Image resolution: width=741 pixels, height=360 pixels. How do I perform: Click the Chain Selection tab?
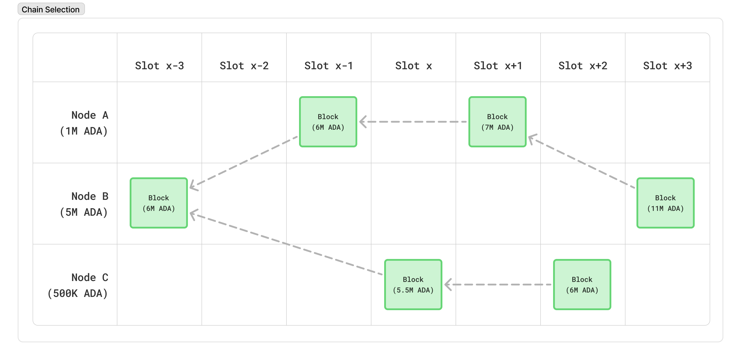pyautogui.click(x=51, y=9)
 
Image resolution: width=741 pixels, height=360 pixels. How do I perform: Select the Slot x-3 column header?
pyautogui.click(x=159, y=66)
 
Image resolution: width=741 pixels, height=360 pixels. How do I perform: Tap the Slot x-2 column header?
pyautogui.click(x=244, y=66)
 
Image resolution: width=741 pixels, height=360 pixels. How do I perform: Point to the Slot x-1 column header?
pyautogui.click(x=329, y=66)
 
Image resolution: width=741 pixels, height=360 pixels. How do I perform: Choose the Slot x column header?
pyautogui.click(x=413, y=66)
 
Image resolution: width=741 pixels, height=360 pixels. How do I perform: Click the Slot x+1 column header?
pyautogui.click(x=498, y=66)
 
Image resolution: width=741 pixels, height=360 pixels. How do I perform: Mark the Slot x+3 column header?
pyautogui.click(x=667, y=66)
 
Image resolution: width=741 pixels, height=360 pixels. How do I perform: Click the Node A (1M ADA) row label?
pyautogui.click(x=84, y=123)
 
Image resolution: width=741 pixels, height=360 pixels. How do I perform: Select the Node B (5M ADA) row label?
pyautogui.click(x=84, y=204)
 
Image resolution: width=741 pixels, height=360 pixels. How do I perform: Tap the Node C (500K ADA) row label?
pyautogui.click(x=78, y=285)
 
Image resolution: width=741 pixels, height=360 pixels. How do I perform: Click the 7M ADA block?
pyautogui.click(x=497, y=122)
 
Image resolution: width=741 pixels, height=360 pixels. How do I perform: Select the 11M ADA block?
pyautogui.click(x=665, y=203)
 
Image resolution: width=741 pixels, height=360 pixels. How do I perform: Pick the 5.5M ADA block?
pyautogui.click(x=413, y=285)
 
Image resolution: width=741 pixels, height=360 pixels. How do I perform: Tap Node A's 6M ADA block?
pyautogui.click(x=328, y=122)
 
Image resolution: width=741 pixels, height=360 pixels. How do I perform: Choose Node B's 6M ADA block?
pyautogui.click(x=159, y=203)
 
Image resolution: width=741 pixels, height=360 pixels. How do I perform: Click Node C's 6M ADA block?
pyautogui.click(x=582, y=285)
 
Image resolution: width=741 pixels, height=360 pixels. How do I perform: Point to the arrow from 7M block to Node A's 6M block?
pyautogui.click(x=413, y=122)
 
